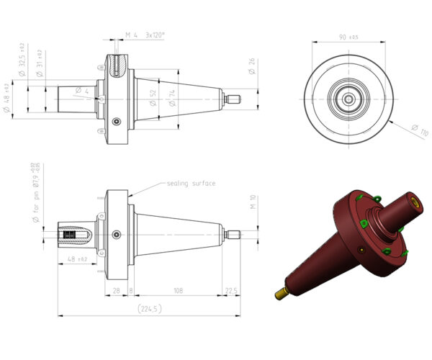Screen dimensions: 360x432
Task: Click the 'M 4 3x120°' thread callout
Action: (145, 35)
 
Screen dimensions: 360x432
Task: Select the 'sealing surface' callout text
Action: (191, 184)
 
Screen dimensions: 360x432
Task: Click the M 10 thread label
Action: (253, 203)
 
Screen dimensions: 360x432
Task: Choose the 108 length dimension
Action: (176, 290)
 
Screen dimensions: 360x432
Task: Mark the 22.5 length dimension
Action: (230, 290)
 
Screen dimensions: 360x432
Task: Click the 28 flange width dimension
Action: (116, 290)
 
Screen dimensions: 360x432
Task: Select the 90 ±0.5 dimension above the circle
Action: (348, 35)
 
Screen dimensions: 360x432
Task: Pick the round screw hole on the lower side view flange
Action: (117, 233)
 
